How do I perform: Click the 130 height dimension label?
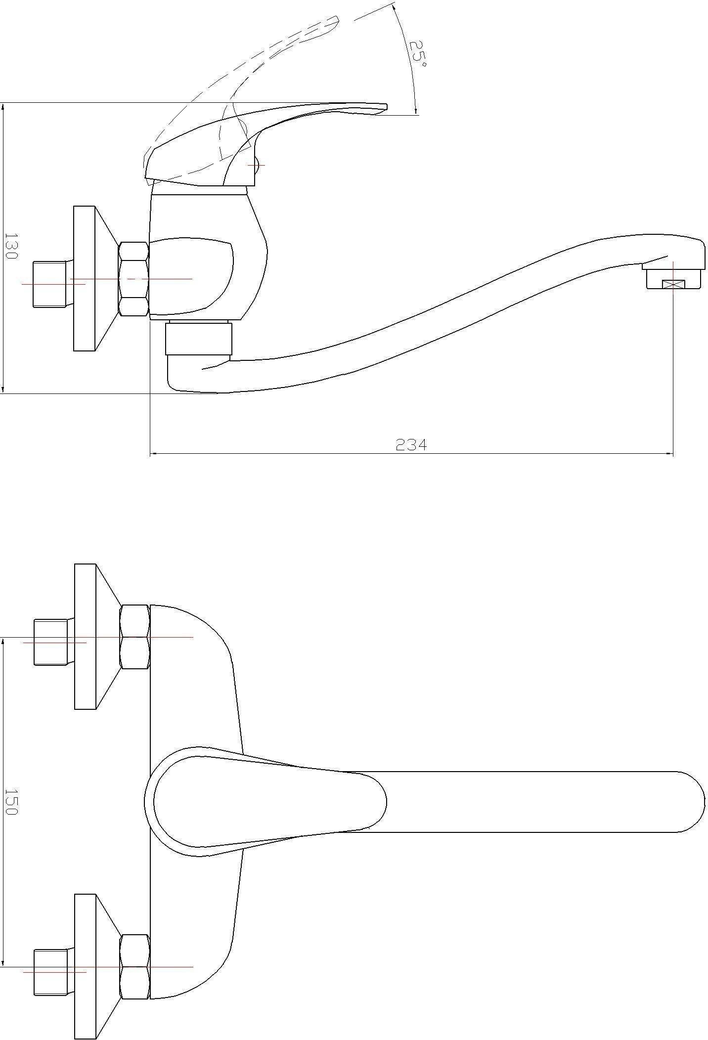click(11, 247)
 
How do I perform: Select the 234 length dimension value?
click(411, 445)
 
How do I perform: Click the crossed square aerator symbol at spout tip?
click(673, 284)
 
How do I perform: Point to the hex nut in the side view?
click(133, 279)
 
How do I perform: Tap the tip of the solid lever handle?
click(386, 107)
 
